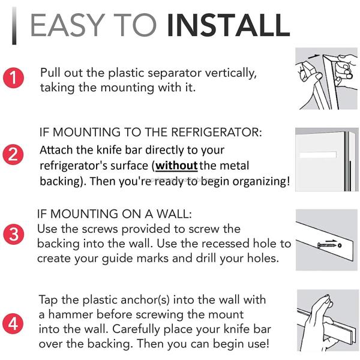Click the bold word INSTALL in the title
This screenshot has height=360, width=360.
click(x=229, y=25)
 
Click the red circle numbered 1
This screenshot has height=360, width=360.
click(x=13, y=77)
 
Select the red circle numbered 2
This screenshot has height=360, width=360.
click(x=13, y=154)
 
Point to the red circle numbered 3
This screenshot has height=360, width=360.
click(x=14, y=234)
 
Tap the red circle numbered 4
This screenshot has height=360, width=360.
click(x=13, y=324)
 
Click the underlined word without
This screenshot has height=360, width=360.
click(x=176, y=166)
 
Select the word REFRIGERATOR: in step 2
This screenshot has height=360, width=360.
click(x=216, y=132)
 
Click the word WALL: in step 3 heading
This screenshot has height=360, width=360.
click(x=174, y=214)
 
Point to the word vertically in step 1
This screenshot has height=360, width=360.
click(x=230, y=73)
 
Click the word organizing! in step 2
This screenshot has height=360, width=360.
click(x=261, y=182)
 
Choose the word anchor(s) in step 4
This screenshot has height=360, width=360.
click(x=145, y=300)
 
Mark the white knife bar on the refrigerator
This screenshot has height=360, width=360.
click(x=318, y=155)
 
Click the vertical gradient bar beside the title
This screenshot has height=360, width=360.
click(x=14, y=25)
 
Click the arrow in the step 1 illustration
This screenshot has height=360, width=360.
click(x=313, y=56)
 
